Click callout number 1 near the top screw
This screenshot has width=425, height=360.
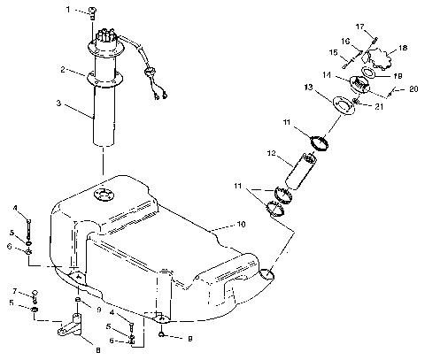(x=77, y=10)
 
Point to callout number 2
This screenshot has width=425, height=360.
(x=65, y=69)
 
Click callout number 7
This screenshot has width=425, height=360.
(x=15, y=290)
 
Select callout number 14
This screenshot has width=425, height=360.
(x=352, y=77)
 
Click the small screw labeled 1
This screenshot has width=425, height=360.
(x=93, y=11)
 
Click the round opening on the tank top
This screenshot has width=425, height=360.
(x=105, y=195)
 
